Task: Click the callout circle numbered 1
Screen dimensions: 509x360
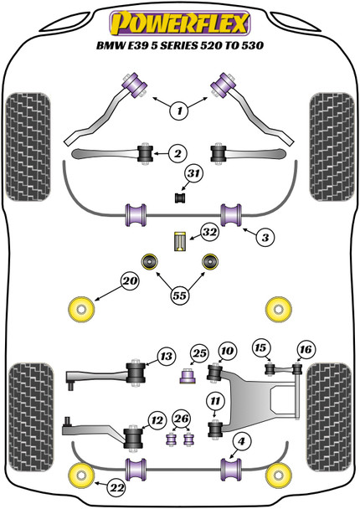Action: click(178, 109)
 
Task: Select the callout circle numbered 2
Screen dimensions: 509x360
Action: click(177, 152)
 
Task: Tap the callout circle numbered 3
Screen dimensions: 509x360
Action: click(265, 238)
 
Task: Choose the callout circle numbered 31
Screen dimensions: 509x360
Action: click(194, 173)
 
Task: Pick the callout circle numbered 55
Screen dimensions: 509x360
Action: click(179, 295)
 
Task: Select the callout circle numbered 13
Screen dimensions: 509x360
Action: click(165, 357)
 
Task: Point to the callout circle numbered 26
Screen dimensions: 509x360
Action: click(181, 419)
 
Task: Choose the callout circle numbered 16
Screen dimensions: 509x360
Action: click(302, 348)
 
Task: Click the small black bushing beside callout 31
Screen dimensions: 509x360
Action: click(177, 198)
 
